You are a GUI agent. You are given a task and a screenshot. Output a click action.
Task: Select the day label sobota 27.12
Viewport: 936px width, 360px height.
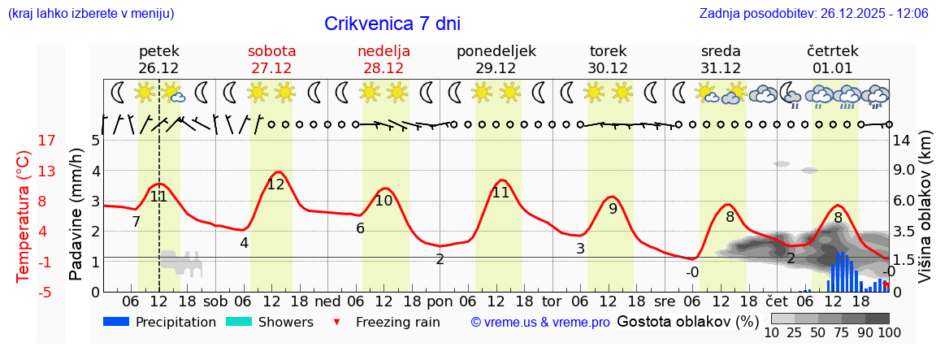point(271,59)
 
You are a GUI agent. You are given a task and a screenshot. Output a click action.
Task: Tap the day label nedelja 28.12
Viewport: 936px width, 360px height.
point(383,59)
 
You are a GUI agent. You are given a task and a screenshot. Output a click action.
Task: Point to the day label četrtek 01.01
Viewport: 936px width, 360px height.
point(832,59)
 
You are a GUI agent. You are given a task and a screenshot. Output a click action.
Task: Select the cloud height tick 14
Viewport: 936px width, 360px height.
point(901,141)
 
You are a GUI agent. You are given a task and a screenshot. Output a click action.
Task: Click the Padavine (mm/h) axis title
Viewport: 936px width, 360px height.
point(76,215)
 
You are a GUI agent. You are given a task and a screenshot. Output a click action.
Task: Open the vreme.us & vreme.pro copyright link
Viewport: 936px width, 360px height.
point(540,322)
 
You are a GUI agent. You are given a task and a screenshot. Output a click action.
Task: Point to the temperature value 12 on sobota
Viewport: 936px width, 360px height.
point(276,184)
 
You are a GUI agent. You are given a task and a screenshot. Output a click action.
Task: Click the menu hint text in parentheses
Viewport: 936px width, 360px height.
point(90,14)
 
